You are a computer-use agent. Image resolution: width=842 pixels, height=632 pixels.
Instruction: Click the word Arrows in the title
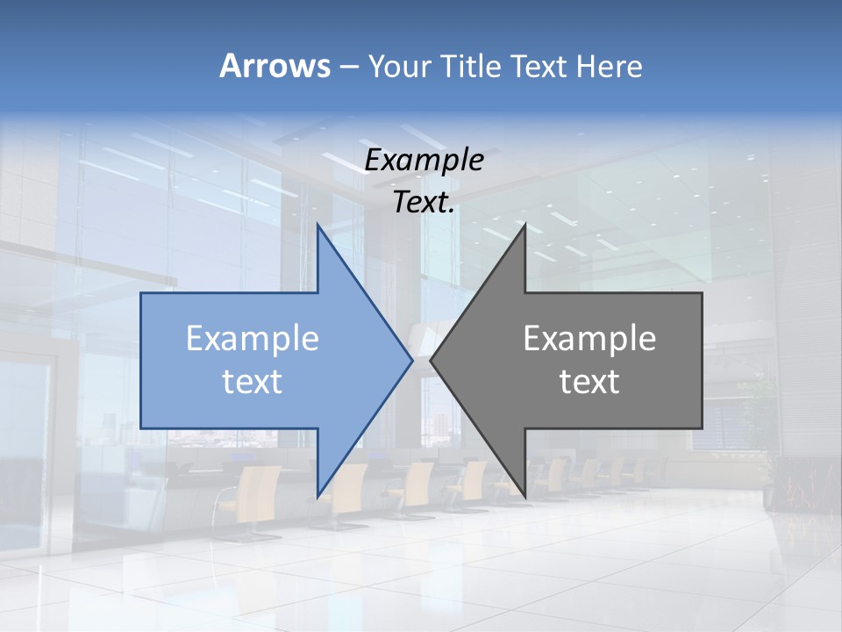[x=275, y=66]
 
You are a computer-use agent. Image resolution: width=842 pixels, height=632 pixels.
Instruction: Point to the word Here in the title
[x=609, y=67]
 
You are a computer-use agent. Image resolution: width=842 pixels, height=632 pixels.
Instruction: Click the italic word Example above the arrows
[x=424, y=160]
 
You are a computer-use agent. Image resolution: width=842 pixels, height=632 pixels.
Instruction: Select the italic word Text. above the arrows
[x=424, y=202]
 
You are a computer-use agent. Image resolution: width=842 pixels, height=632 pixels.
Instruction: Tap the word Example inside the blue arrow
[x=253, y=339]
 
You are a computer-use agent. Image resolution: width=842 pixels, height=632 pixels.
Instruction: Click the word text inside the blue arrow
[x=253, y=382]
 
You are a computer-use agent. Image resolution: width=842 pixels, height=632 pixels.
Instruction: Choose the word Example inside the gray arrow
[x=589, y=339]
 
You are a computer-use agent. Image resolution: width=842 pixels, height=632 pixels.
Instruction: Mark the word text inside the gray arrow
[x=589, y=382]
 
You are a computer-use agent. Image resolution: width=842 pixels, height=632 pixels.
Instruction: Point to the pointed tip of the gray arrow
[x=431, y=359]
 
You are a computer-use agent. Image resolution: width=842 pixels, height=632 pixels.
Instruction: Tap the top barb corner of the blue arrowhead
[x=318, y=225]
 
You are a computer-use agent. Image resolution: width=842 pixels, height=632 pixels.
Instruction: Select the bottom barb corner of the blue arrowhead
[x=318, y=496]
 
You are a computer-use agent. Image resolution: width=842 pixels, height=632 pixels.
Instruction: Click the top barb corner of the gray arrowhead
[x=524, y=225]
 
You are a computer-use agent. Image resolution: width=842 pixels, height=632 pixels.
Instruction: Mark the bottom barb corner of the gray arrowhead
[x=524, y=496]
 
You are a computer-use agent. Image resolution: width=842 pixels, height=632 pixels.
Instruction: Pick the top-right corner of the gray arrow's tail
[x=702, y=293]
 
